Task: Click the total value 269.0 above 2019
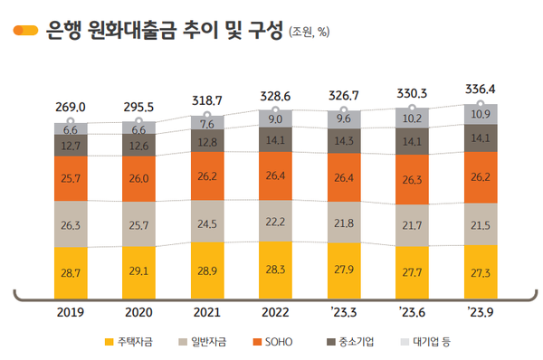click(x=71, y=107)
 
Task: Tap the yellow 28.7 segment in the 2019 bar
click(x=71, y=271)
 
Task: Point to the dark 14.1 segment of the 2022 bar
click(x=276, y=139)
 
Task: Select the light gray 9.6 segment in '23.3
click(x=344, y=118)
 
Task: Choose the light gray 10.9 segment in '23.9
click(x=480, y=115)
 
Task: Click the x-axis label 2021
click(x=207, y=314)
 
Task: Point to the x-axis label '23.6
click(x=412, y=314)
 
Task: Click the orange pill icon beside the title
click(x=24, y=30)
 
